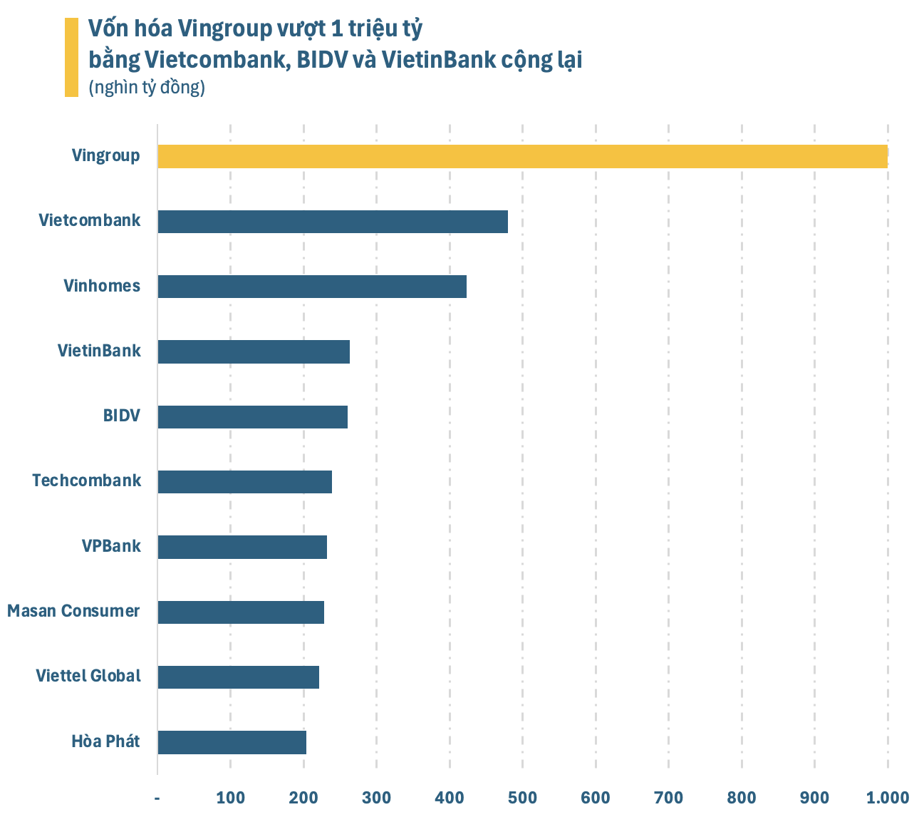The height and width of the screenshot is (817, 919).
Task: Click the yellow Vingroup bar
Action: pyautogui.click(x=522, y=156)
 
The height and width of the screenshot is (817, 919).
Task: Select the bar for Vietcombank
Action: pyautogui.click(x=333, y=222)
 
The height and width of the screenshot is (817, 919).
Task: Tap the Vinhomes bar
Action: pyautogui.click(x=312, y=287)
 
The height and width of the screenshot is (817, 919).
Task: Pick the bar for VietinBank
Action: pyautogui.click(x=254, y=352)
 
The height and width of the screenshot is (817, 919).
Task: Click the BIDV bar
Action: pyautogui.click(x=252, y=417)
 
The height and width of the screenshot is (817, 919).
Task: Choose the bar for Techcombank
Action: pyautogui.click(x=244, y=482)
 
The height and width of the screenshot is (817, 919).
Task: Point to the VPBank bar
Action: pyautogui.click(x=242, y=547)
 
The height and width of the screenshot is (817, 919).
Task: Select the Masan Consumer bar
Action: pyautogui.click(x=241, y=612)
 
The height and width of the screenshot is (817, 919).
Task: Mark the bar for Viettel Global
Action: pyautogui.click(x=238, y=677)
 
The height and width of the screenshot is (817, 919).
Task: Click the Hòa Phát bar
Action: pyautogui.click(x=232, y=742)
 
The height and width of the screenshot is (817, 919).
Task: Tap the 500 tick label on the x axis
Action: pyautogui.click(x=522, y=797)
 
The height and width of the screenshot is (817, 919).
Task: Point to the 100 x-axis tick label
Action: pyautogui.click(x=230, y=797)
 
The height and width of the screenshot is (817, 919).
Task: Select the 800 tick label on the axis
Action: pyautogui.click(x=742, y=797)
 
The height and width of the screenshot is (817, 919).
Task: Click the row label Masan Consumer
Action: pyautogui.click(x=73, y=611)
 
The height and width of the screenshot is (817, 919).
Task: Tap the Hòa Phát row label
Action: pyautogui.click(x=105, y=741)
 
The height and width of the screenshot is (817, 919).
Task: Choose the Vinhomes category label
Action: pyautogui.click(x=102, y=286)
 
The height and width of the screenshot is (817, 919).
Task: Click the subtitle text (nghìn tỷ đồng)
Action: pyautogui.click(x=147, y=88)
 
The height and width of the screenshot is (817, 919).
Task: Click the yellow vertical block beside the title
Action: pyautogui.click(x=71, y=57)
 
